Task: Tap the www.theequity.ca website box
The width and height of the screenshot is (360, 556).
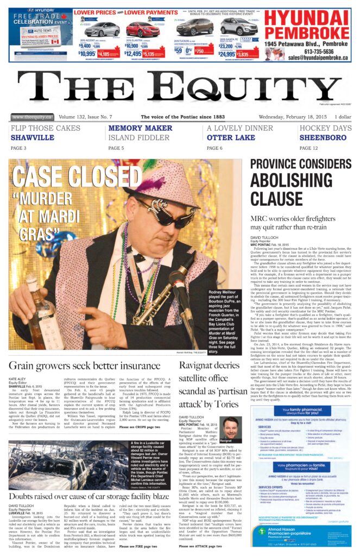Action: tap(31, 117)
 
